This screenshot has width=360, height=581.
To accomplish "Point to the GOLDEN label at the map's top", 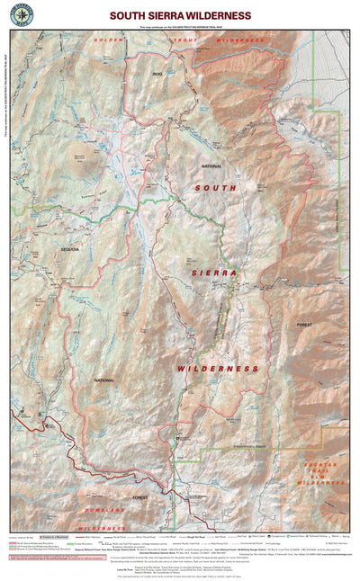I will click(x=107, y=40).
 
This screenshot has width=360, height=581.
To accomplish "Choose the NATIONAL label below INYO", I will click(x=211, y=166).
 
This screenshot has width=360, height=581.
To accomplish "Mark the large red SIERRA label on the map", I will click(x=213, y=272).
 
